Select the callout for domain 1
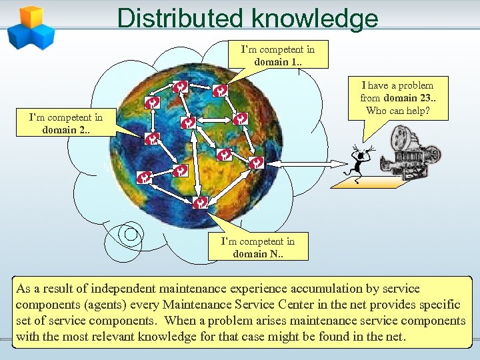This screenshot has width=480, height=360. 277,55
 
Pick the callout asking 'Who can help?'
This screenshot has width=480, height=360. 397,98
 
